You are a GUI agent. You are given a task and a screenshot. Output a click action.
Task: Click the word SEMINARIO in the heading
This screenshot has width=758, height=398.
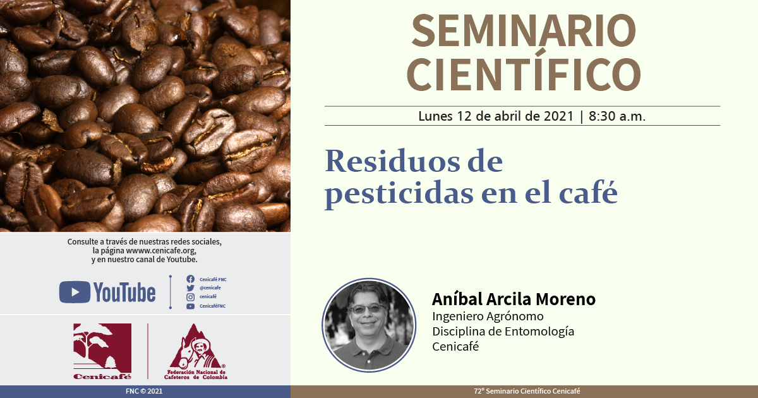[524, 31]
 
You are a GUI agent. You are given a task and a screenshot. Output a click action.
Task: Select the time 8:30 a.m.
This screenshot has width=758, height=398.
[617, 116]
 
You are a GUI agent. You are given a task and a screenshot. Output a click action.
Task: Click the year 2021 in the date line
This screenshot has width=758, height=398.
[558, 116]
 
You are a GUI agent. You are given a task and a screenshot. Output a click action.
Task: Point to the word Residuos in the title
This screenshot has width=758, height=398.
[392, 161]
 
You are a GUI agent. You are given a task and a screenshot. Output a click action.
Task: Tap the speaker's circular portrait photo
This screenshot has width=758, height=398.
[369, 325]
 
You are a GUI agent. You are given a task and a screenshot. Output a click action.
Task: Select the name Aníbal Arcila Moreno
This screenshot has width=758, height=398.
[514, 299]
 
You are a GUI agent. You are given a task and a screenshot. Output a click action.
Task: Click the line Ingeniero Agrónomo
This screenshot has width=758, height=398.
[488, 317]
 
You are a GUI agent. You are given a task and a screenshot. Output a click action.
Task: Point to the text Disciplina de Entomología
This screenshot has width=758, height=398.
[503, 332]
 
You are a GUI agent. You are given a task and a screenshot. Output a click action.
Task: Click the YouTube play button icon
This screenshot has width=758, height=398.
[75, 292]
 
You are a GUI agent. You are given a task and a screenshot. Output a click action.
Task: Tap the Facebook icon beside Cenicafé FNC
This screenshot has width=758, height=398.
[191, 279]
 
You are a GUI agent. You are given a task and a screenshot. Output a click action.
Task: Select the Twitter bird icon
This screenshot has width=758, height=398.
[191, 288]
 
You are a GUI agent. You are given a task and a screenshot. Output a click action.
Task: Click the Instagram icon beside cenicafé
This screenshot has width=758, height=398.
[191, 297]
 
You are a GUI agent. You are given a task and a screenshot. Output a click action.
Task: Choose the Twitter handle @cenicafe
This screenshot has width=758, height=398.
[210, 287]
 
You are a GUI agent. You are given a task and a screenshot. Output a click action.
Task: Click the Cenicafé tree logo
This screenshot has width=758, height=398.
[102, 351]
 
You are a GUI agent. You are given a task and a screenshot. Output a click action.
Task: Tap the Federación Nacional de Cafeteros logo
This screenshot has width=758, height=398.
[196, 351]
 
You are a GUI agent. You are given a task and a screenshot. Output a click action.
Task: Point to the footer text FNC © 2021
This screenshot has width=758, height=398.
[144, 391]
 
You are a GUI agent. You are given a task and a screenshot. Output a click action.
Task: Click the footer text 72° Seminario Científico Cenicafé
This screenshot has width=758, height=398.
[527, 391]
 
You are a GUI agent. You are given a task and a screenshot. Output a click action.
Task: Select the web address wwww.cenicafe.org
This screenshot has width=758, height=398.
[160, 251]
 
